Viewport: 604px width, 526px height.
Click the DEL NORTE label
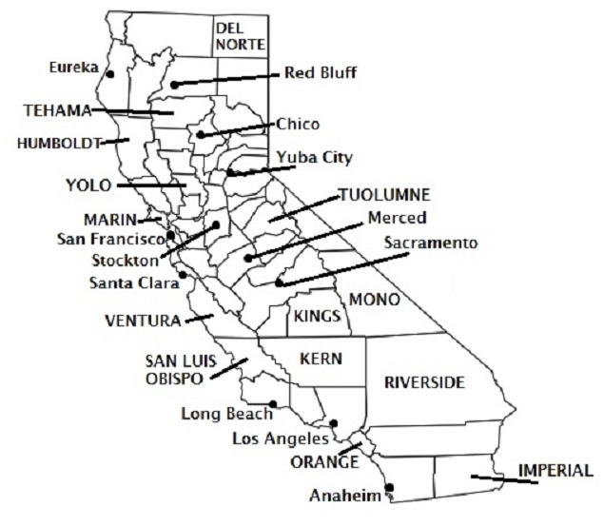(x=239, y=35)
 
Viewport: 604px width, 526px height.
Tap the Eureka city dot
(x=110, y=74)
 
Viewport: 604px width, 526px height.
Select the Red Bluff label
(x=321, y=72)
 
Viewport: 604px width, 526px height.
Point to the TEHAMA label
(x=56, y=110)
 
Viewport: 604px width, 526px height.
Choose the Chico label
(x=298, y=125)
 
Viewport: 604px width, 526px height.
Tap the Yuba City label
(x=314, y=157)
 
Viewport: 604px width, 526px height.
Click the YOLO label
(x=88, y=185)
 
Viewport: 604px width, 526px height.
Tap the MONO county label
(x=374, y=299)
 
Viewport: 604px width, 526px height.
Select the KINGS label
(x=318, y=316)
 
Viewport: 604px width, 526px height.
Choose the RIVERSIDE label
(x=424, y=382)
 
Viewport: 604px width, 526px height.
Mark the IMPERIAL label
(x=555, y=470)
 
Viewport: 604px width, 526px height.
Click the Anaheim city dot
(x=388, y=489)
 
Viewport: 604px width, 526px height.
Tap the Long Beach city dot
(x=272, y=404)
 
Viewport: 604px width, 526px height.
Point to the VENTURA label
(x=143, y=320)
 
